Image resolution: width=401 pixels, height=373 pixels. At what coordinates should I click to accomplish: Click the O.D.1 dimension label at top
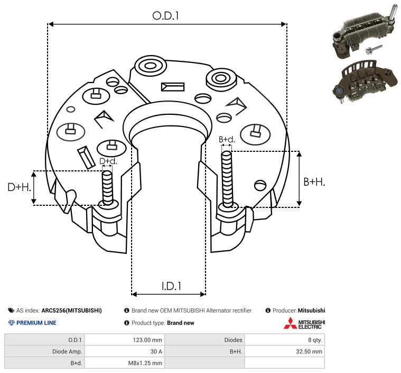point(165,16)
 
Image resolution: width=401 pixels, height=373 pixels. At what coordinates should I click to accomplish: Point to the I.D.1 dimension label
point(171,286)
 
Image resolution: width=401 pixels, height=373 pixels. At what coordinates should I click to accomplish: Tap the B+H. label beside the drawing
point(314,182)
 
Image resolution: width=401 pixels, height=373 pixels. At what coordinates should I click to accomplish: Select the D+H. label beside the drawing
point(19,187)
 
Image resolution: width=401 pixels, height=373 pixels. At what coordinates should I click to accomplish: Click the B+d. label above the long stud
point(227,139)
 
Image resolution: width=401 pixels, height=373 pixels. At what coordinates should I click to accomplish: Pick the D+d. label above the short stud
point(108,161)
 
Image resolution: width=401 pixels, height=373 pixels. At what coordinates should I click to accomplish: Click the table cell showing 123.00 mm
point(147,340)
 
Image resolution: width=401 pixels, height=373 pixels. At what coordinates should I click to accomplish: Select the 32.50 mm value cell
point(309,351)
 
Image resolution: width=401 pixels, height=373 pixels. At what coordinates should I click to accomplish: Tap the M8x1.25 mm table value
point(145,363)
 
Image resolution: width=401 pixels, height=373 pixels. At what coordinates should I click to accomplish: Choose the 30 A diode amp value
point(156,351)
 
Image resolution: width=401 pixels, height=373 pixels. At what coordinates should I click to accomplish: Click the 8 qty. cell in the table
point(315,340)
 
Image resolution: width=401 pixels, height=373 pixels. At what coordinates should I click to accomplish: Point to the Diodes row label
point(233,340)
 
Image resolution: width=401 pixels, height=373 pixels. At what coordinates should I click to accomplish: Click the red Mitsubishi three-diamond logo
point(290,323)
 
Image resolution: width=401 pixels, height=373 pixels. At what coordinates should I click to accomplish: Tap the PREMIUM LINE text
point(36,323)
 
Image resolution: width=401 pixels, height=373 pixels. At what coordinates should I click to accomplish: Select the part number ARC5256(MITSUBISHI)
point(72,311)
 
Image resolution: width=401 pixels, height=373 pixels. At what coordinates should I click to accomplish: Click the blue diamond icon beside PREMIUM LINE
point(12,323)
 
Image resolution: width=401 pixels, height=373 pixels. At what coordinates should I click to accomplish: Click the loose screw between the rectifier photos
point(374,49)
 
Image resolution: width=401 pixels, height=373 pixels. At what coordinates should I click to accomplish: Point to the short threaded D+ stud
point(107,188)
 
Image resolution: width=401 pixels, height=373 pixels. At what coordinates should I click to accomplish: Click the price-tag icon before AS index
point(11,311)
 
